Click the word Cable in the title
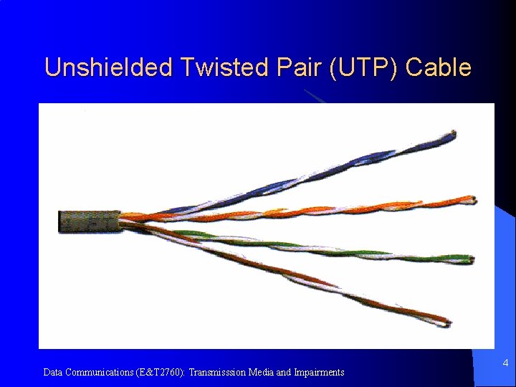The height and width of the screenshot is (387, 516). point(439,67)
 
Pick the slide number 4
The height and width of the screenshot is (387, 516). point(505,363)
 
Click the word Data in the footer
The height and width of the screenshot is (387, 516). point(52,373)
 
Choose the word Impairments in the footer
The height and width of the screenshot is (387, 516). point(320,373)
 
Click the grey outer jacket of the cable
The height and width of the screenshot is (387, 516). point(88,221)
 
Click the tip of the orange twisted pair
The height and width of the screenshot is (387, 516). point(472,200)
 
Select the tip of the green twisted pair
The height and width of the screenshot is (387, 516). point(471,259)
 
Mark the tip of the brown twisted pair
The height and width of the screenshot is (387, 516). point(448,323)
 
